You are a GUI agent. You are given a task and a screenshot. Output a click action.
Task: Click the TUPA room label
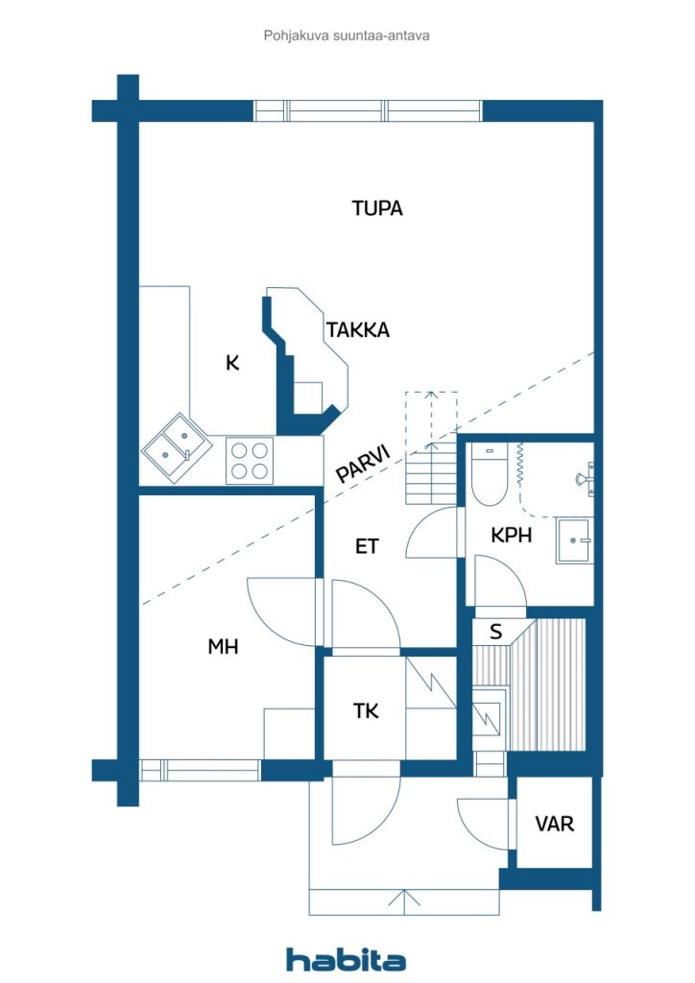377,208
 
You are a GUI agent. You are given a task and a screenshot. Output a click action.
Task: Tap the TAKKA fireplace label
358,330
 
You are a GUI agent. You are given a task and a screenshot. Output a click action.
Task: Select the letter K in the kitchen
232,362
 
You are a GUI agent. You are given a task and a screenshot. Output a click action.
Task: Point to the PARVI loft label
364,464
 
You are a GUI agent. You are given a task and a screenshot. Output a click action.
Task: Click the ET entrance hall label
367,546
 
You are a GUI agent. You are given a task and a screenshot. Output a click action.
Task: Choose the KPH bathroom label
512,535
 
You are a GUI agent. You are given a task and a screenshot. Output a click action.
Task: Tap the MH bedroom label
223,646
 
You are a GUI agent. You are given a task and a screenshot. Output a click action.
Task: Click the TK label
366,711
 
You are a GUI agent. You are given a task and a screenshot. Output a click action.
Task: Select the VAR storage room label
555,823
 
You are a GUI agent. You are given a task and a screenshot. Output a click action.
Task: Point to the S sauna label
495,632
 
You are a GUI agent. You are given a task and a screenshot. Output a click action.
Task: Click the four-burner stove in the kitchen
250,461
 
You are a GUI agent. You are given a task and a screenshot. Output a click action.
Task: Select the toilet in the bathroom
489,474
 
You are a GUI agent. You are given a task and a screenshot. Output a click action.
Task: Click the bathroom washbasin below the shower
574,540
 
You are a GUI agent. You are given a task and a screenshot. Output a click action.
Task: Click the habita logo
346,960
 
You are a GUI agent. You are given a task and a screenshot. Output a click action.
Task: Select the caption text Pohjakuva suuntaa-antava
347,36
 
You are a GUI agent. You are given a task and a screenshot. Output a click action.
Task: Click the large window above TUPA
368,111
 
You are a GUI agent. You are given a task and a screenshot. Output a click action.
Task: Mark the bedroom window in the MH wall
200,771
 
